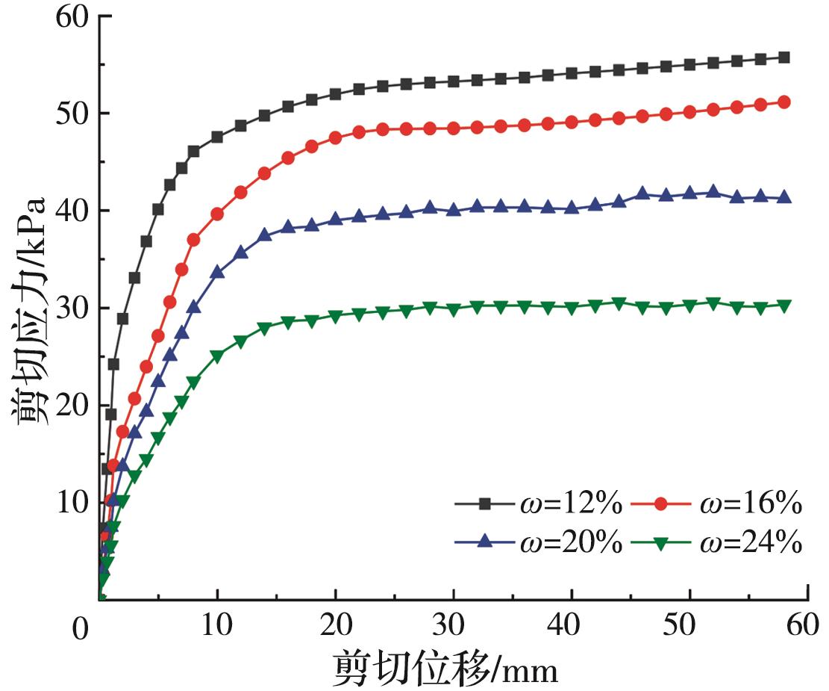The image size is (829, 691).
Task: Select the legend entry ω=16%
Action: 717,505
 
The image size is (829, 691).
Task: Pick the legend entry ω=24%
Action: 717,543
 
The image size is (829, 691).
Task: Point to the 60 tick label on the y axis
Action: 73,16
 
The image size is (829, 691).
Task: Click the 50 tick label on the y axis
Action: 73,114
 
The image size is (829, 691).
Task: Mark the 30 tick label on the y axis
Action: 73,308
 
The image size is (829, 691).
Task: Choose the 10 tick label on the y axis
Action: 73,502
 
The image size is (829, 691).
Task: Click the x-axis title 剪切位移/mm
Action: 445,667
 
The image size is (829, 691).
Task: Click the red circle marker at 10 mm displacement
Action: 217,214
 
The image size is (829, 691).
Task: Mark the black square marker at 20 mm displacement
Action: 336,94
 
